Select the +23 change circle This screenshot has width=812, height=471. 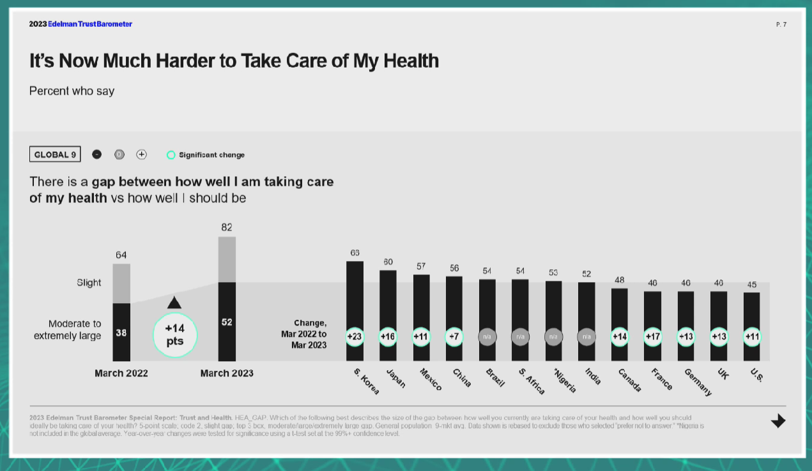click(355, 336)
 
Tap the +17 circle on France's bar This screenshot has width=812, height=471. click(652, 336)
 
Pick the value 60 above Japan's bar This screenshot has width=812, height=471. click(388, 262)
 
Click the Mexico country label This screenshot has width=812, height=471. click(431, 379)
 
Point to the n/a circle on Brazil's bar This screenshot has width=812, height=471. click(487, 336)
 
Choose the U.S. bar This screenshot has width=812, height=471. click(751, 313)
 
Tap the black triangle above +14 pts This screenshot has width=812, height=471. click(174, 303)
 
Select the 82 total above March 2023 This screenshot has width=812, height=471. click(227, 227)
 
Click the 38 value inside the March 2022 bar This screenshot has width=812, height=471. click(121, 333)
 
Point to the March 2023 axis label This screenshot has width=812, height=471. click(227, 373)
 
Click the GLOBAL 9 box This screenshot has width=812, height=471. click(55, 154)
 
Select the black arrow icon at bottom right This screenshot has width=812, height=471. click(778, 421)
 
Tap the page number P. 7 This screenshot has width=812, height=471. click(781, 24)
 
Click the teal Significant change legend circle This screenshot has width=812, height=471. click(171, 155)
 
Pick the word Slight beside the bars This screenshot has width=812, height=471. click(89, 283)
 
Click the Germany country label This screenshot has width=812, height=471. click(698, 382)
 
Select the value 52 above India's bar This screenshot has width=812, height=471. click(586, 274)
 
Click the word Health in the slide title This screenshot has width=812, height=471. click(406, 61)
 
